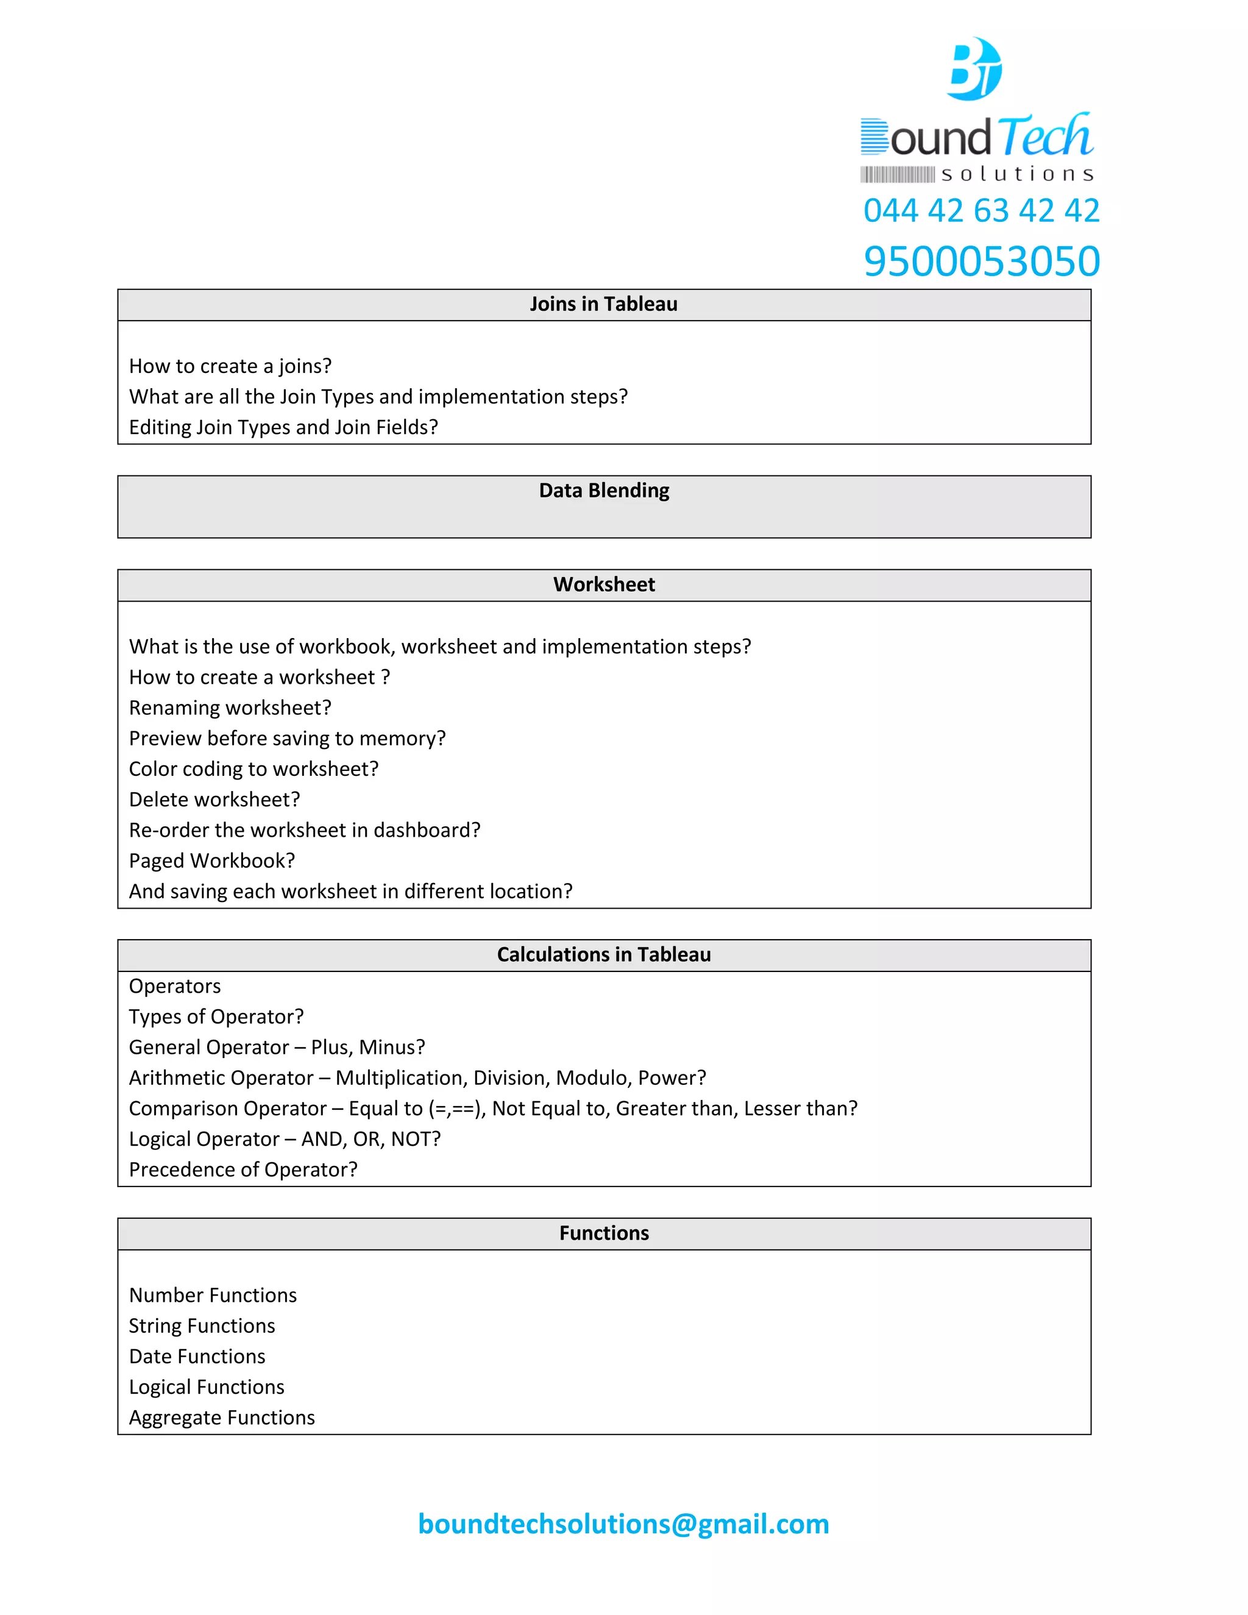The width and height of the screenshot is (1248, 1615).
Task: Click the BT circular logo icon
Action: (x=974, y=69)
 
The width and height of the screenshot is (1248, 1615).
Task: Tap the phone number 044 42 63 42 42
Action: (x=981, y=211)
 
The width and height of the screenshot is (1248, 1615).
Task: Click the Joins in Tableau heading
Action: (x=603, y=305)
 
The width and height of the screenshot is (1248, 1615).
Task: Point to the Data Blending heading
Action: (x=603, y=491)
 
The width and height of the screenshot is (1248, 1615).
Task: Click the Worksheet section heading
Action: (x=603, y=585)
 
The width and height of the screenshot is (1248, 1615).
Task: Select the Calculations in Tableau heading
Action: (x=603, y=954)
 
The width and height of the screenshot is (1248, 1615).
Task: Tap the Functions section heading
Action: (x=603, y=1233)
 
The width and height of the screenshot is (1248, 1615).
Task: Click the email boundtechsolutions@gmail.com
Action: (x=623, y=1524)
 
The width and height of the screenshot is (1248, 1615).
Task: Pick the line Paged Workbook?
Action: (x=211, y=861)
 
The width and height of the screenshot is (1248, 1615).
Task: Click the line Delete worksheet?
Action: (x=214, y=800)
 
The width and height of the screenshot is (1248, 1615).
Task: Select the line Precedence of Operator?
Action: (x=243, y=1170)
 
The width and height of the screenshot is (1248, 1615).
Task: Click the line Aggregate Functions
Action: (x=222, y=1418)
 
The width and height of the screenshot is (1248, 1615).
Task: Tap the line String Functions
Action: (x=202, y=1326)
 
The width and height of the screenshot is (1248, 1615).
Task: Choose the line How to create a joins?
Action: (x=230, y=366)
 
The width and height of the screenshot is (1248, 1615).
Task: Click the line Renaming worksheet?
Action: (x=230, y=708)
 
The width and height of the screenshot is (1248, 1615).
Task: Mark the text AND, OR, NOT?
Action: (x=370, y=1139)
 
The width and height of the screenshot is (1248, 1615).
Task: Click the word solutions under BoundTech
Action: (x=1016, y=174)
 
